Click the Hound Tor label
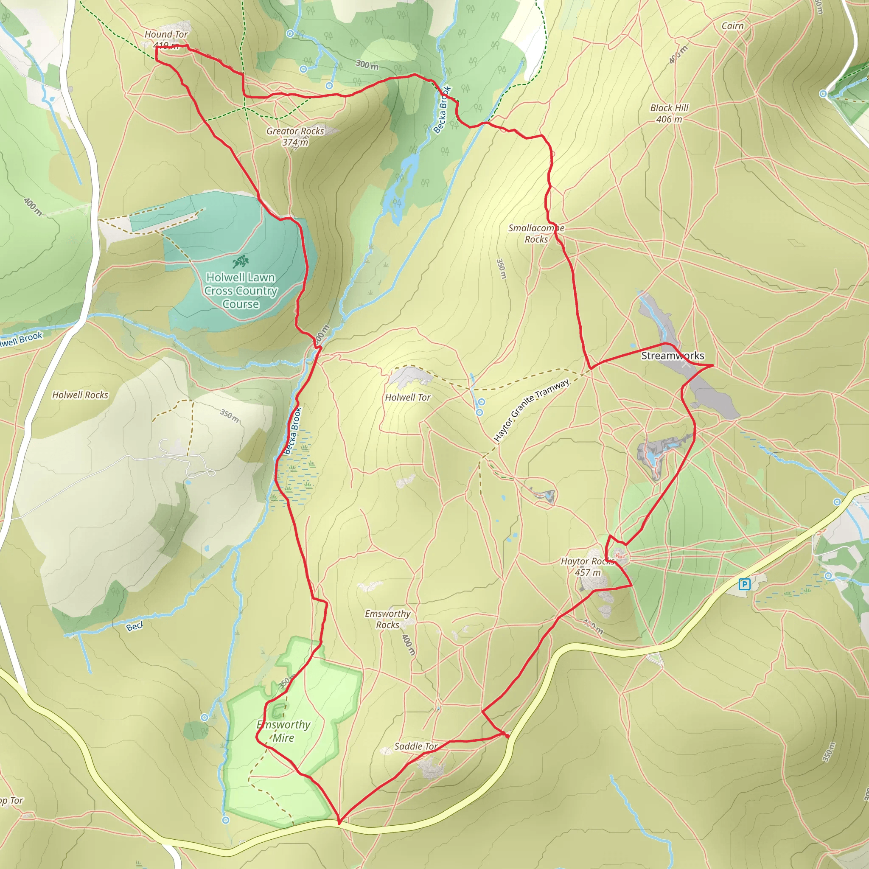166,35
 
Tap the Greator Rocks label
295,136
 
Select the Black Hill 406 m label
669,113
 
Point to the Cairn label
732,26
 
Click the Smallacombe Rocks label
536,233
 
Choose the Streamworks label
673,356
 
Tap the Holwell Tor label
407,398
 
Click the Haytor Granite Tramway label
532,410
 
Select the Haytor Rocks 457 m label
587,567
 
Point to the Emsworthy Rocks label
387,619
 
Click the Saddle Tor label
415,746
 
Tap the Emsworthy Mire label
283,731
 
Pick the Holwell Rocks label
81,395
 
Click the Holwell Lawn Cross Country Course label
241,291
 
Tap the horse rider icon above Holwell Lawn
241,261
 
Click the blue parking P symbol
744,584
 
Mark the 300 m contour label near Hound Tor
367,65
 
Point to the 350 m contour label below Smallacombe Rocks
501,269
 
